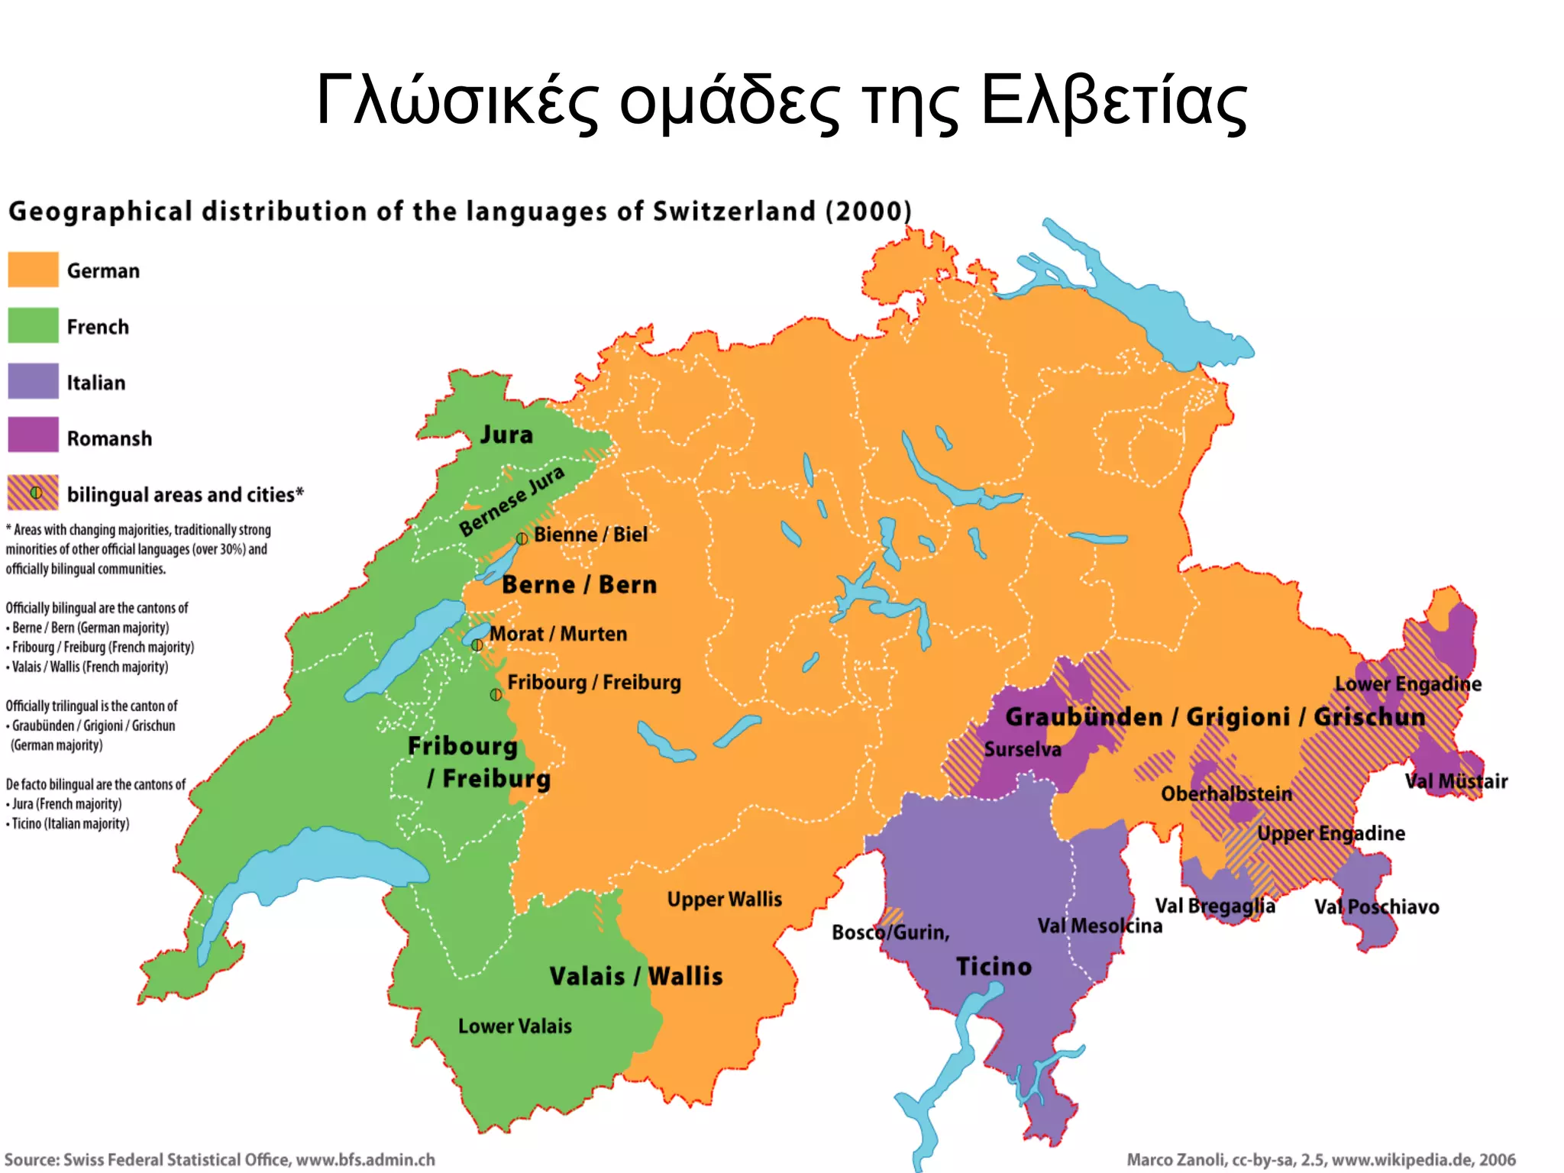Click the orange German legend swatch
click(33, 270)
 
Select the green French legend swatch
click(33, 325)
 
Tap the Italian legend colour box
click(33, 381)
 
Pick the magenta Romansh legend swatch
click(33, 435)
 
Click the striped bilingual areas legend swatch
click(33, 493)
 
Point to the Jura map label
click(506, 435)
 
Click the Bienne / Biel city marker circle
click(522, 538)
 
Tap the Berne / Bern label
click(579, 585)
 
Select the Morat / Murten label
click(558, 634)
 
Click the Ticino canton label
click(994, 967)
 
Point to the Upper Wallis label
click(724, 900)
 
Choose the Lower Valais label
click(515, 1026)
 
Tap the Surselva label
click(1023, 750)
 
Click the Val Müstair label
click(1456, 782)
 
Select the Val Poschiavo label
click(1376, 907)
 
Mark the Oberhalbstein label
click(1226, 794)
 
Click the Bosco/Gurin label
click(890, 932)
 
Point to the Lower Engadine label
click(1407, 684)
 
